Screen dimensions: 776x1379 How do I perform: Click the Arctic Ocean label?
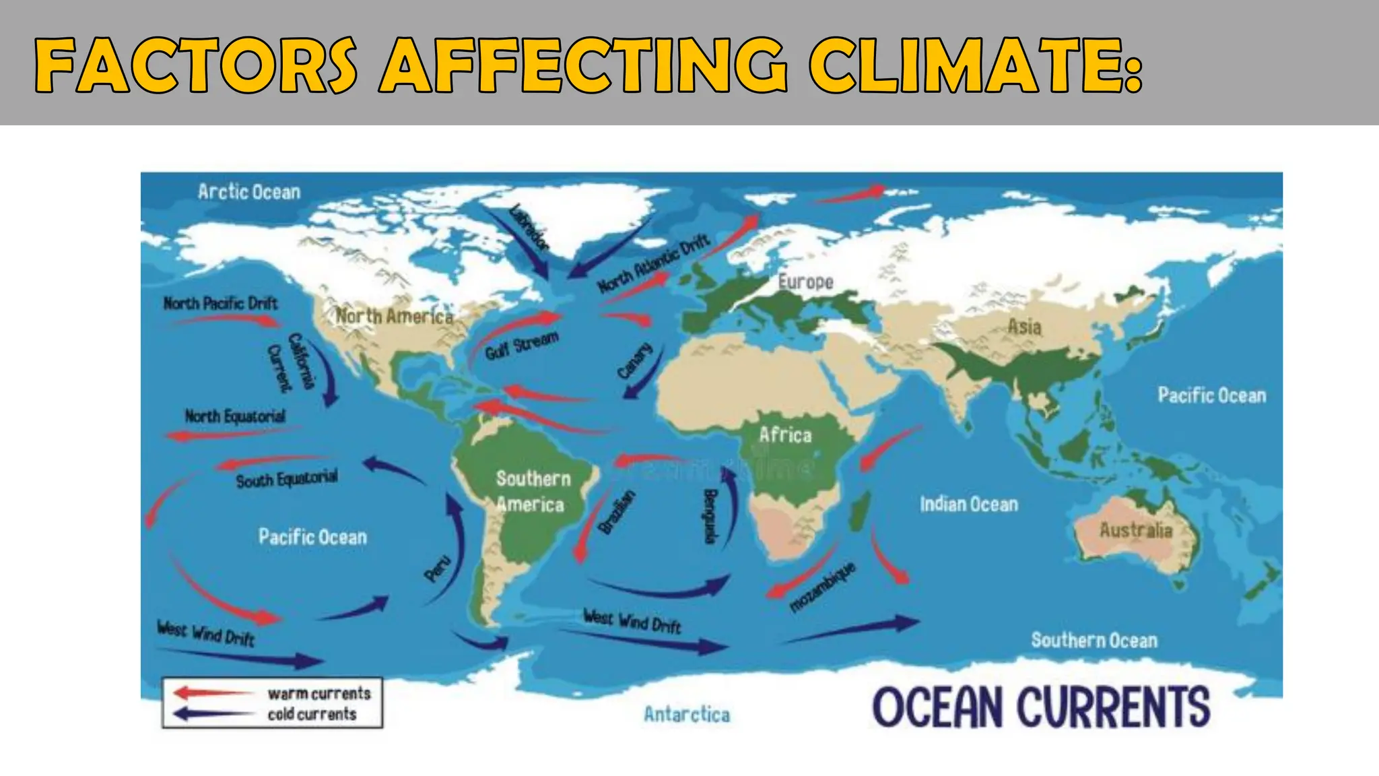pos(249,193)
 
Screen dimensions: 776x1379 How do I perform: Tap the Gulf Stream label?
pos(522,346)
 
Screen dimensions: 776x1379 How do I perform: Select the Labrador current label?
pos(530,227)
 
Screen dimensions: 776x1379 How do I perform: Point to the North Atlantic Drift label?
pos(653,263)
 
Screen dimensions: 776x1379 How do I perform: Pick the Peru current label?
pos(438,569)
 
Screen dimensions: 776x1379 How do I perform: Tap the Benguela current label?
pos(709,515)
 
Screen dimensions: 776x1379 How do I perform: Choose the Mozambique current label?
pos(822,587)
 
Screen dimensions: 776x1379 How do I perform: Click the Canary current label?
pos(635,360)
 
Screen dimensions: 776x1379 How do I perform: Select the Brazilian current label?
pos(617,513)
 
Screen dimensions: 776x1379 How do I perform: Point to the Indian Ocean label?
pos(969,504)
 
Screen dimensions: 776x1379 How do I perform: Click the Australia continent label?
pos(1136,531)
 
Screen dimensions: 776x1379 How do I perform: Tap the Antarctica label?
pos(687,714)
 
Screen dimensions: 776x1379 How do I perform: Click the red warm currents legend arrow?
pos(213,693)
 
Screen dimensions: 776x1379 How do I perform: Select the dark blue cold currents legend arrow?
pos(213,714)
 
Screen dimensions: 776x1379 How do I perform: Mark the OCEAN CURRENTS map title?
pos(1041,707)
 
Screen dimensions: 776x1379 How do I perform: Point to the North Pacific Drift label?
pos(220,303)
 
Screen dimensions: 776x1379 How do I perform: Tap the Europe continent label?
pos(805,282)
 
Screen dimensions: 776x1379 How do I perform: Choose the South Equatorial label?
pos(287,479)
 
